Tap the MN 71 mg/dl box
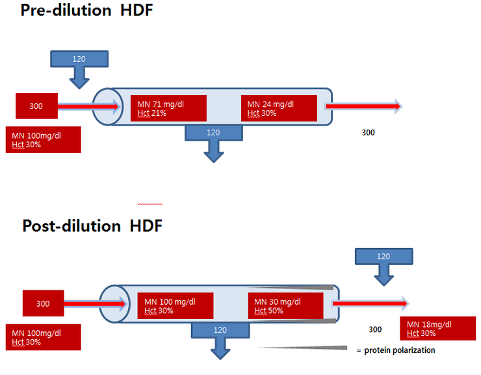[168, 108]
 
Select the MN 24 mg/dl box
[279, 108]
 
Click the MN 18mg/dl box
[437, 329]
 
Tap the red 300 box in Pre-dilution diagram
[37, 105]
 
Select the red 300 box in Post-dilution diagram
[43, 303]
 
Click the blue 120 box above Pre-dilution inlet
[79, 59]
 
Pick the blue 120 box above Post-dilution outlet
[383, 257]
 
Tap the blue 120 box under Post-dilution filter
[221, 331]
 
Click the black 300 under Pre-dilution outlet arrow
[368, 132]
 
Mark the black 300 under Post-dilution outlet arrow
[375, 329]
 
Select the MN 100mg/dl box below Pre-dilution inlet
[43, 139]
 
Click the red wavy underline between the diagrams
[150, 203]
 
